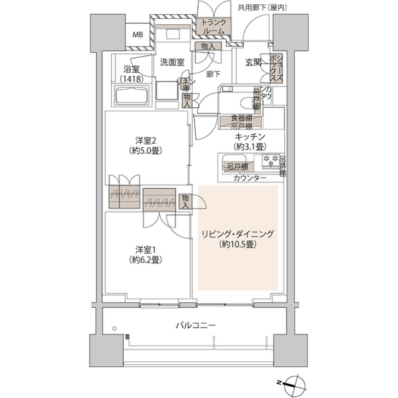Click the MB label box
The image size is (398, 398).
point(136,35)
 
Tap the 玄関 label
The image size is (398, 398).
point(253,62)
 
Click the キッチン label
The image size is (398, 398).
point(251,137)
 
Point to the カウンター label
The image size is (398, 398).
point(250,179)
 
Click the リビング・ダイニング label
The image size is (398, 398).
point(237,234)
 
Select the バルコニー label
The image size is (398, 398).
point(195,325)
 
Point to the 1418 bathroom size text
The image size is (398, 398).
point(129,79)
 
